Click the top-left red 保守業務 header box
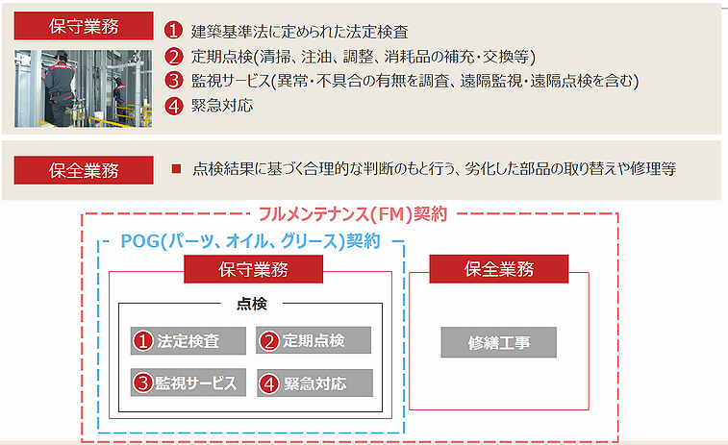tap(84, 26)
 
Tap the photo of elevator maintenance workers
tap(83, 88)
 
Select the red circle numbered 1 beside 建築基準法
tap(174, 31)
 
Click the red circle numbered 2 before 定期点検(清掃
tap(174, 56)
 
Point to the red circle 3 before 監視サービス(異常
tap(174, 81)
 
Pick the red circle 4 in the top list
tap(174, 106)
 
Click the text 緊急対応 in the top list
tap(222, 106)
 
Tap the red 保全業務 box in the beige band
tap(84, 170)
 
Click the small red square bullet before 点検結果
tap(176, 168)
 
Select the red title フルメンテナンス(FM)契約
tap(353, 214)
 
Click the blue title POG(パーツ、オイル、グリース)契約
tap(251, 241)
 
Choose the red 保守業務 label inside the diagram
tap(254, 269)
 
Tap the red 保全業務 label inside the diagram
tap(499, 269)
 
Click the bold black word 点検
tap(252, 304)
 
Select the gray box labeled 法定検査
tap(188, 340)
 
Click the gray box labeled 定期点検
tap(314, 340)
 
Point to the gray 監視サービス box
tap(188, 383)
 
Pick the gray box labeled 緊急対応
tap(314, 383)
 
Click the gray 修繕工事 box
tap(499, 342)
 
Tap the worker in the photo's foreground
tap(59, 89)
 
